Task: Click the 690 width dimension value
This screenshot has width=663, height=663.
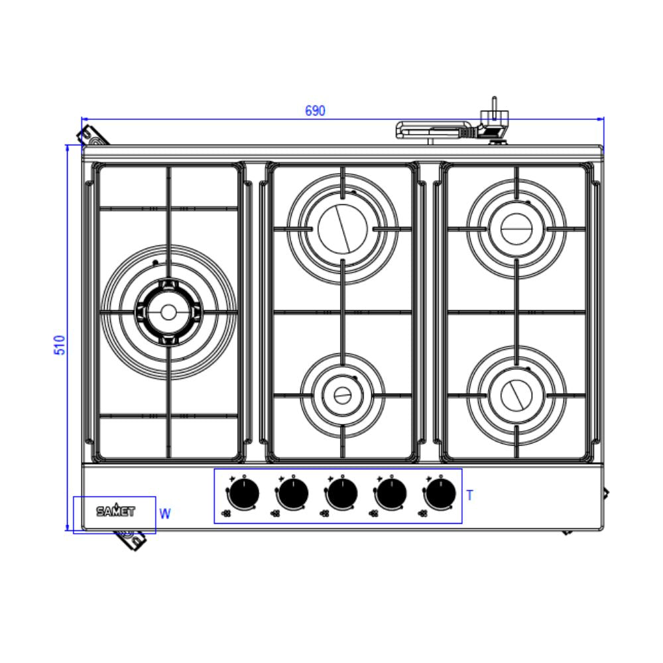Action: point(315,111)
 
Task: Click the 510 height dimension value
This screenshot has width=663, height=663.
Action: point(60,345)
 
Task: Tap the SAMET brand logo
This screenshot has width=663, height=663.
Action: point(116,511)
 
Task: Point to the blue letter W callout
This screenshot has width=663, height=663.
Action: point(165,514)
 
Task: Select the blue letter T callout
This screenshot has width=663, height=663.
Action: point(470,495)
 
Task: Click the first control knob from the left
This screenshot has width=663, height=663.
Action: point(244,493)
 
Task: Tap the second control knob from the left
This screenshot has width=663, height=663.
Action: point(293,493)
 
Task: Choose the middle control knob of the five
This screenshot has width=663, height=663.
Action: point(342,493)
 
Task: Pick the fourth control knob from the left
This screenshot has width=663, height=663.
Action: point(392,493)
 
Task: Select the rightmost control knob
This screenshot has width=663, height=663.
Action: point(441,493)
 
